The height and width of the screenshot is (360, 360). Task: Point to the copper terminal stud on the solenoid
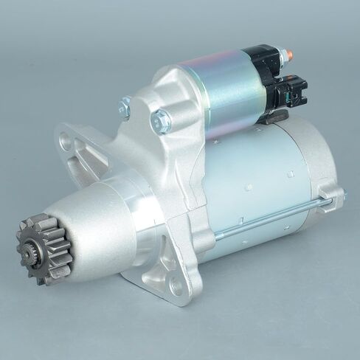coord(288,54)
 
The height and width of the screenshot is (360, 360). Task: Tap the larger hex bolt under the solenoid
coord(160,120)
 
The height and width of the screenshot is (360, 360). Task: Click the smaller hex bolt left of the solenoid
coord(124,108)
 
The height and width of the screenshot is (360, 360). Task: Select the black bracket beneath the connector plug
coord(273,115)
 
